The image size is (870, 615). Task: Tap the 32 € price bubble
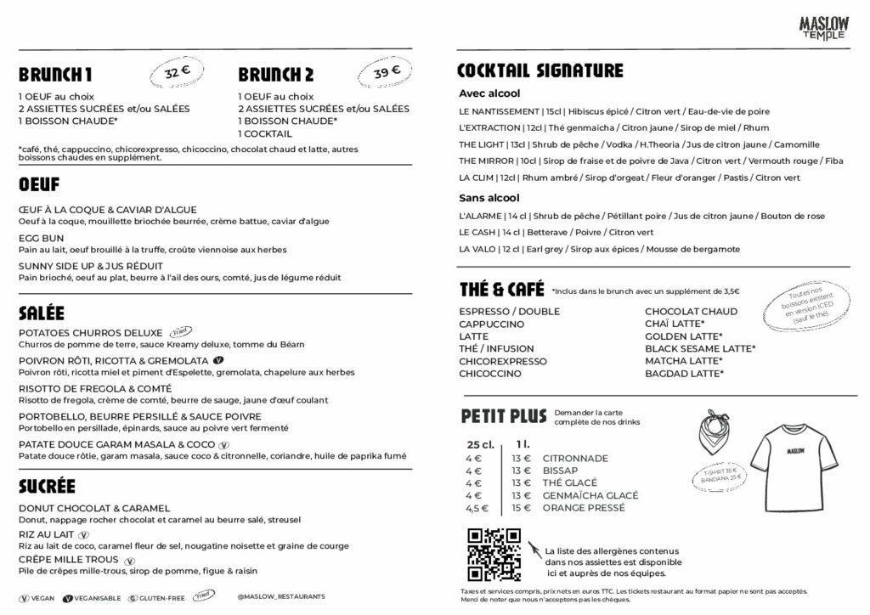pyautogui.click(x=172, y=74)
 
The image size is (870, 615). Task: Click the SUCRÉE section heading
pyautogui.click(x=47, y=486)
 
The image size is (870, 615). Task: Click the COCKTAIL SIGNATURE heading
pyautogui.click(x=540, y=71)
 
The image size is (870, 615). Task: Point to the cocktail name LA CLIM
pyautogui.click(x=477, y=178)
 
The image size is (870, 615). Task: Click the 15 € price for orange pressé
pyautogui.click(x=521, y=508)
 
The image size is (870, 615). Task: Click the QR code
pyautogui.click(x=494, y=553)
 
